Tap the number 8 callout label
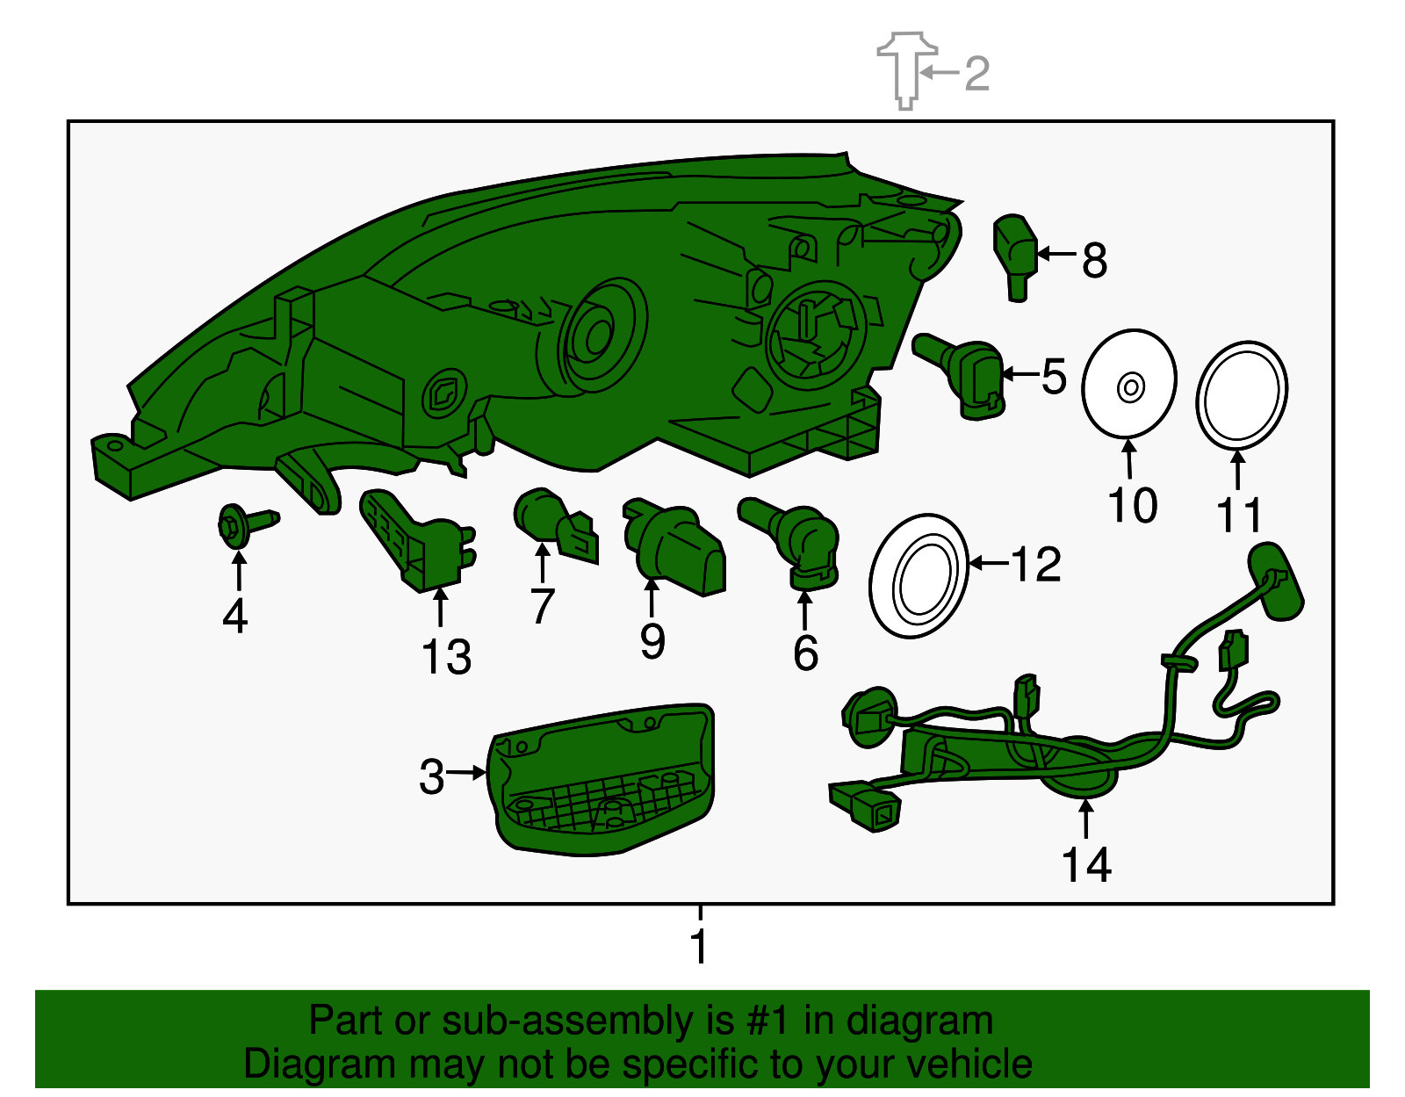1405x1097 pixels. pos(1094,260)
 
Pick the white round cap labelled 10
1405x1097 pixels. pos(1128,384)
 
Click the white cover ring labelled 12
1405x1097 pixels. pos(919,576)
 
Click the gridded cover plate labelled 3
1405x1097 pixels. pos(602,782)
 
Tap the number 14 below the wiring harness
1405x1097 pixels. pos(1086,865)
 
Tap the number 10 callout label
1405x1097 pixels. pos(1132,505)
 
